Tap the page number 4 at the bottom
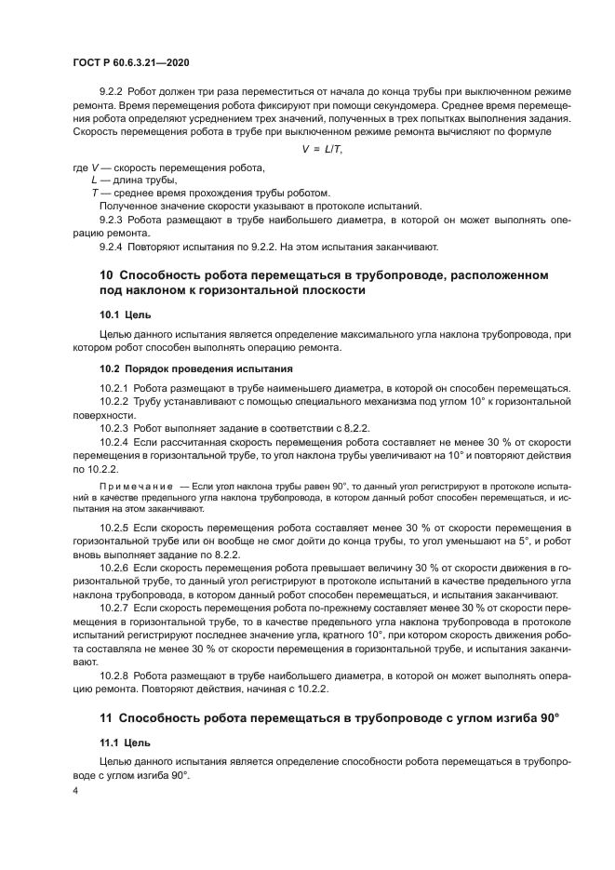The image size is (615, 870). [x=74, y=791]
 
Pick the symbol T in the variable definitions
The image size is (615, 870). [x=95, y=193]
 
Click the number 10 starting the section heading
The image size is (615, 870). [x=106, y=276]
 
